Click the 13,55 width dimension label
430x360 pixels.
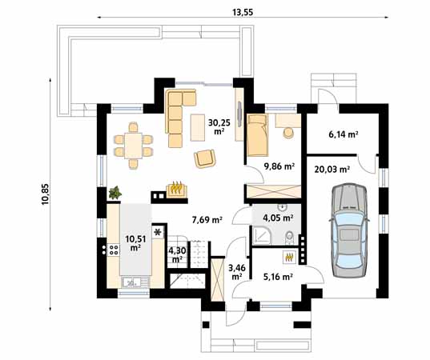[x=243, y=12]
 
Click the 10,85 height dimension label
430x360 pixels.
[x=46, y=194]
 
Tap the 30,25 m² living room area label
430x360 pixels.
[x=219, y=126]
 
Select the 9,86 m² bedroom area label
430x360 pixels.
[x=279, y=166]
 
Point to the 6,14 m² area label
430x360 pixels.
[x=343, y=134]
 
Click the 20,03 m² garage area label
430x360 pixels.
[x=332, y=170]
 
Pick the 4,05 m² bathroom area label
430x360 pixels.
[x=278, y=218]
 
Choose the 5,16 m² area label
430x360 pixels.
[x=277, y=277]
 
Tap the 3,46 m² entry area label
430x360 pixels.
[x=237, y=272]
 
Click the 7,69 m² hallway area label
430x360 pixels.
[x=207, y=220]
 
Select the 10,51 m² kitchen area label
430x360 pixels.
[x=135, y=243]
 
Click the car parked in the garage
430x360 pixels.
[x=348, y=230]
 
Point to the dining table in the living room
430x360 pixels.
[x=133, y=146]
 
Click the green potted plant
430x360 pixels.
[x=115, y=192]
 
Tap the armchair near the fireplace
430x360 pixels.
[x=204, y=158]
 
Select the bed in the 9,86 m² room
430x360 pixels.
[x=258, y=135]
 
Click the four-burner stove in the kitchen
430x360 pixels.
[x=113, y=250]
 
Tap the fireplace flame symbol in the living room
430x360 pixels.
[x=177, y=188]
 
